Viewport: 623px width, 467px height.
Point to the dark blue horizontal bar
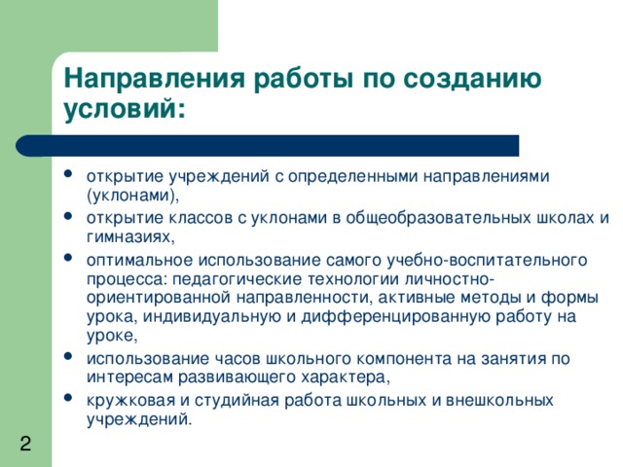[268, 146]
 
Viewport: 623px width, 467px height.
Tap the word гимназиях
[129, 235]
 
